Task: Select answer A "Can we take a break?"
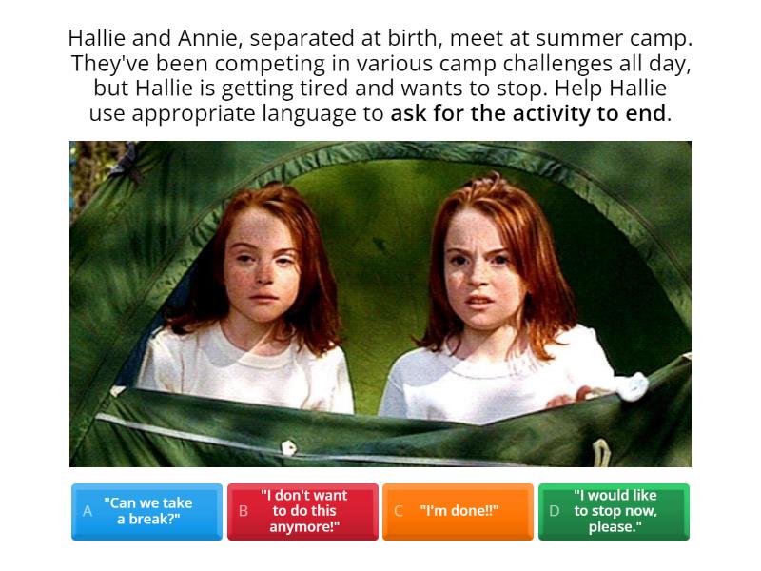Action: point(146,511)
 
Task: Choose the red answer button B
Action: point(302,511)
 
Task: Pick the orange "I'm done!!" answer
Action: point(459,511)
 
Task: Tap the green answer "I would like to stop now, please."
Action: point(614,511)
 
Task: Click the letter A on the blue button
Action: point(88,511)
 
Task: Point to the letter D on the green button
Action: point(555,511)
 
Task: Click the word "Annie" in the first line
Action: point(202,39)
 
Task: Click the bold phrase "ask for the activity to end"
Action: point(528,113)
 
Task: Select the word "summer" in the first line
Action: point(575,39)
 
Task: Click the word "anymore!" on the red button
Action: point(303,526)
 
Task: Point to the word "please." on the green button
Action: point(615,526)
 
